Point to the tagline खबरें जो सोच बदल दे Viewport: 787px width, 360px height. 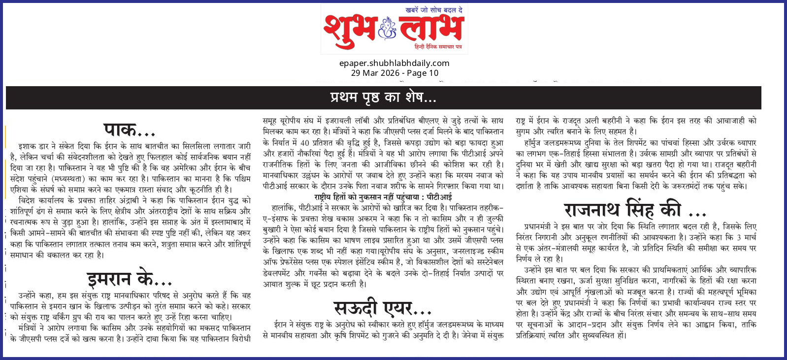[433, 10]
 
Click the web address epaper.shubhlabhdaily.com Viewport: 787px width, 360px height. [394, 63]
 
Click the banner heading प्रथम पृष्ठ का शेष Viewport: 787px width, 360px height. [383, 98]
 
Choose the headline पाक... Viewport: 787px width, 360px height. [129, 131]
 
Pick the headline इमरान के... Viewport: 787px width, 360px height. [129, 279]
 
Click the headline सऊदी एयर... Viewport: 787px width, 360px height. [382, 309]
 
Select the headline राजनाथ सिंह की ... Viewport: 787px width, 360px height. [635, 210]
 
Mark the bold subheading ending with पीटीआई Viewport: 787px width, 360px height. [383, 197]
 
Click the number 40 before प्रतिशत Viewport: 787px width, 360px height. [305, 143]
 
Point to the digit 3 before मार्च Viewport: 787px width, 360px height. [739, 237]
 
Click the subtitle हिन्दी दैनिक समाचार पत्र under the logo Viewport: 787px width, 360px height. [438, 47]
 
